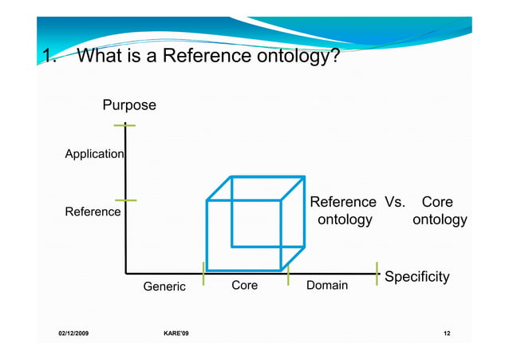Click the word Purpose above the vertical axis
(x=128, y=105)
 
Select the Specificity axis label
(x=416, y=277)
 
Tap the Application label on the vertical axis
(x=94, y=153)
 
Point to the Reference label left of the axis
(x=93, y=212)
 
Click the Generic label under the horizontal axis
(x=164, y=287)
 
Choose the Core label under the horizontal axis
(x=244, y=285)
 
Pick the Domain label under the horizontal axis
(x=327, y=285)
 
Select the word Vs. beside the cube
(x=395, y=202)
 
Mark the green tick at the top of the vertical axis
(x=125, y=125)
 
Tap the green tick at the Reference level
(x=125, y=200)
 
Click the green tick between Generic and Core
(x=203, y=273)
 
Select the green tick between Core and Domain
(x=288, y=273)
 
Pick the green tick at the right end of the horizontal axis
(x=377, y=273)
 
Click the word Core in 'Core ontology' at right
(x=436, y=202)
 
